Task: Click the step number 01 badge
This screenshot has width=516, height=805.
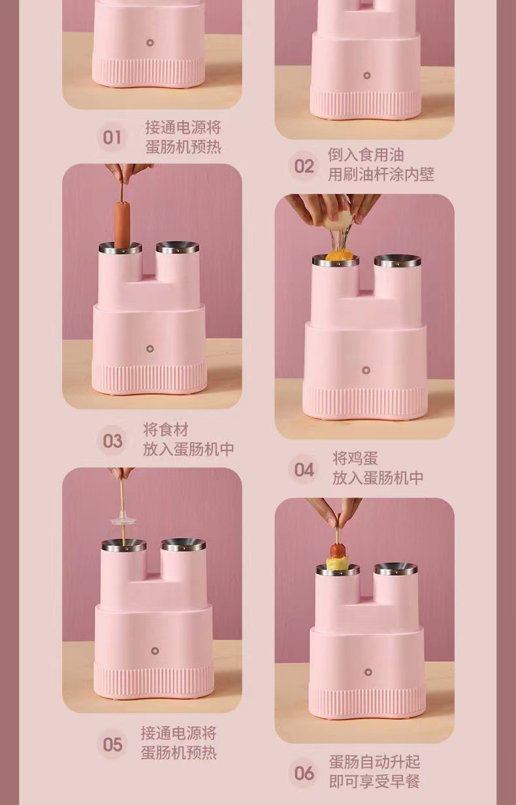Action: coord(112,137)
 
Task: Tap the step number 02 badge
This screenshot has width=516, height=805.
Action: coord(304,166)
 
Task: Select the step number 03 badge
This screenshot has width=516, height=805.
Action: coord(112,441)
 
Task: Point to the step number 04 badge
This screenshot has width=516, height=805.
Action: coord(304,469)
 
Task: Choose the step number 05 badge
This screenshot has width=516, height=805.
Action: coord(112,744)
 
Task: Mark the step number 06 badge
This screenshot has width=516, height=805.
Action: coord(304,773)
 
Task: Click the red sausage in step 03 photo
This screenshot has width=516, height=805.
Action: coord(122,225)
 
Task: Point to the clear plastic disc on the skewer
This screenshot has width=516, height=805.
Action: coord(123,520)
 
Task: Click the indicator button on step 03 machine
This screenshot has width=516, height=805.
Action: coord(150,349)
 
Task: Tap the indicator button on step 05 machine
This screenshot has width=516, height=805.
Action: coord(155,651)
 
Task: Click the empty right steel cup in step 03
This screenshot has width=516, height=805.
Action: coord(178,247)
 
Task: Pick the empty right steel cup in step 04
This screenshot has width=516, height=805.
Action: coord(397,261)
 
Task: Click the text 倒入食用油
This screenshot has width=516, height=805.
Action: coord(366,155)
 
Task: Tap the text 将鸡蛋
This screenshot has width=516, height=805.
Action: coord(355,458)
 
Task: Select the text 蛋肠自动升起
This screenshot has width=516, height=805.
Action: coord(375,762)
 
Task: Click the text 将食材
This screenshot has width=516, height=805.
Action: coord(166,430)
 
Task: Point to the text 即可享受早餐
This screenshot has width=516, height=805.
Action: coord(375,781)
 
